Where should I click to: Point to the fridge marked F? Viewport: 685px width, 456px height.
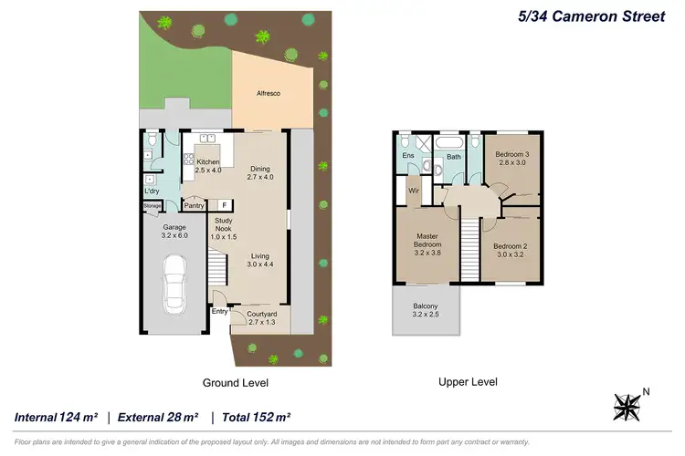click(x=222, y=205)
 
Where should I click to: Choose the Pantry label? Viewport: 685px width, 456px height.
click(x=194, y=205)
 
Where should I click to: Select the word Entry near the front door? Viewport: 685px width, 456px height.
click(x=219, y=312)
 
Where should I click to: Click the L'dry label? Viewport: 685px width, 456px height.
click(x=152, y=191)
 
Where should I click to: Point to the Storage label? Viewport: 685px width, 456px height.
click(x=152, y=206)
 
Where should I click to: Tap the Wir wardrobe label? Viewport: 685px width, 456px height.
click(x=413, y=191)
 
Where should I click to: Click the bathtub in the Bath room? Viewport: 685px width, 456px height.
click(x=450, y=144)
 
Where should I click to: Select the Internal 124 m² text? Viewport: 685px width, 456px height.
click(x=56, y=417)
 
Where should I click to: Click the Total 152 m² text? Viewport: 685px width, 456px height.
click(x=252, y=417)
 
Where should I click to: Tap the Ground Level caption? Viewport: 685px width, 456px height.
click(x=236, y=382)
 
